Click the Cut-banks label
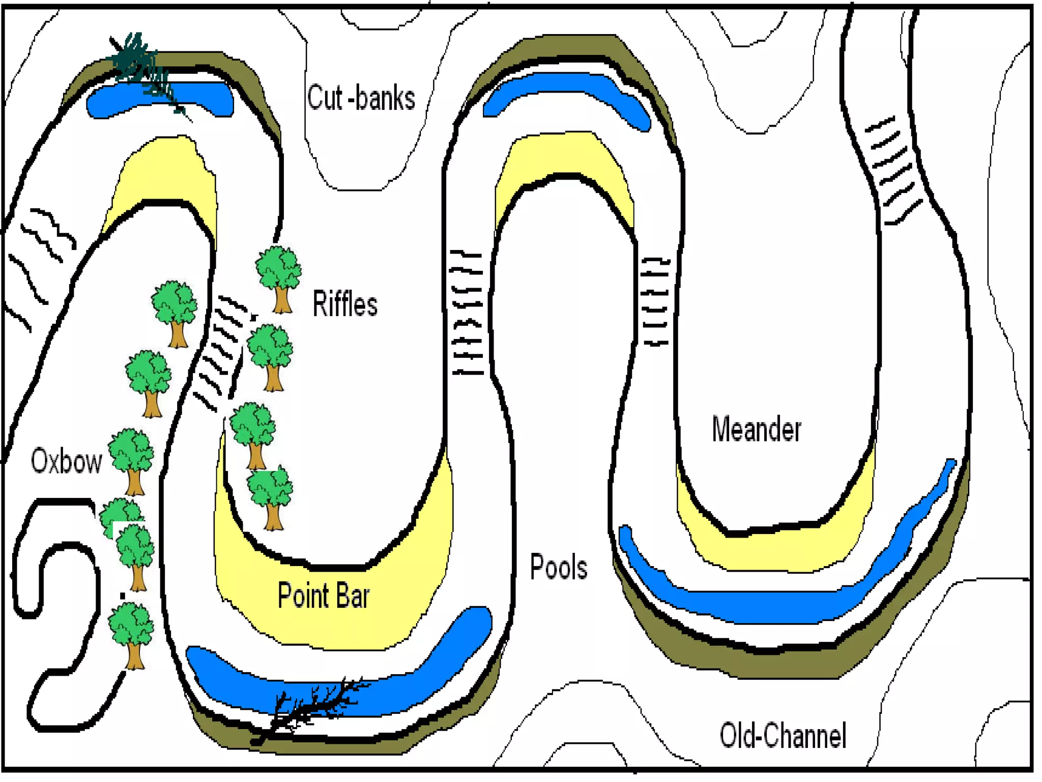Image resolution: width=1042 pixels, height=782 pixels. point(361,98)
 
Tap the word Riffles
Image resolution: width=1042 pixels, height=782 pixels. point(345,304)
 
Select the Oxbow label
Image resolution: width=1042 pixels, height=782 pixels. point(66,461)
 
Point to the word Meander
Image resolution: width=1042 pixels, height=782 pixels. point(756,429)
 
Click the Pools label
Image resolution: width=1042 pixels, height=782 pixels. point(559,567)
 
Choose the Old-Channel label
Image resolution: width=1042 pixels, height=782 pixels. point(783,736)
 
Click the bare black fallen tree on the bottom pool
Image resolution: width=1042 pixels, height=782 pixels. point(310,708)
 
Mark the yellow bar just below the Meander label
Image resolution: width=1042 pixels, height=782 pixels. point(773,550)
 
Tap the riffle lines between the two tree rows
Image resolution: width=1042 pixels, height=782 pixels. point(221,351)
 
